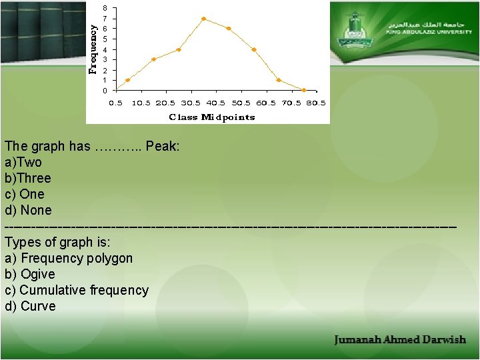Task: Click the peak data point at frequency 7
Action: [203, 19]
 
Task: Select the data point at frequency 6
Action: [229, 29]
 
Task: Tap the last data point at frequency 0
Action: [304, 90]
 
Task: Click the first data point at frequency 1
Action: [127, 80]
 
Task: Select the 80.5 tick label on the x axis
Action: [316, 103]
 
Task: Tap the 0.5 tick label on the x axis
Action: [115, 103]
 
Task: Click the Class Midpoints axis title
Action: [212, 117]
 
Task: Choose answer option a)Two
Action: [23, 162]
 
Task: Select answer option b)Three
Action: [27, 178]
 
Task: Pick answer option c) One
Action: [24, 194]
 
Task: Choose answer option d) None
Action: [27, 210]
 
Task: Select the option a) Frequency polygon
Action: [69, 258]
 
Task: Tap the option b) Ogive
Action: [29, 274]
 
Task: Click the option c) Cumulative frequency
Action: [76, 290]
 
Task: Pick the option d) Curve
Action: [30, 306]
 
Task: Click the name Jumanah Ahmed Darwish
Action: [400, 340]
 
